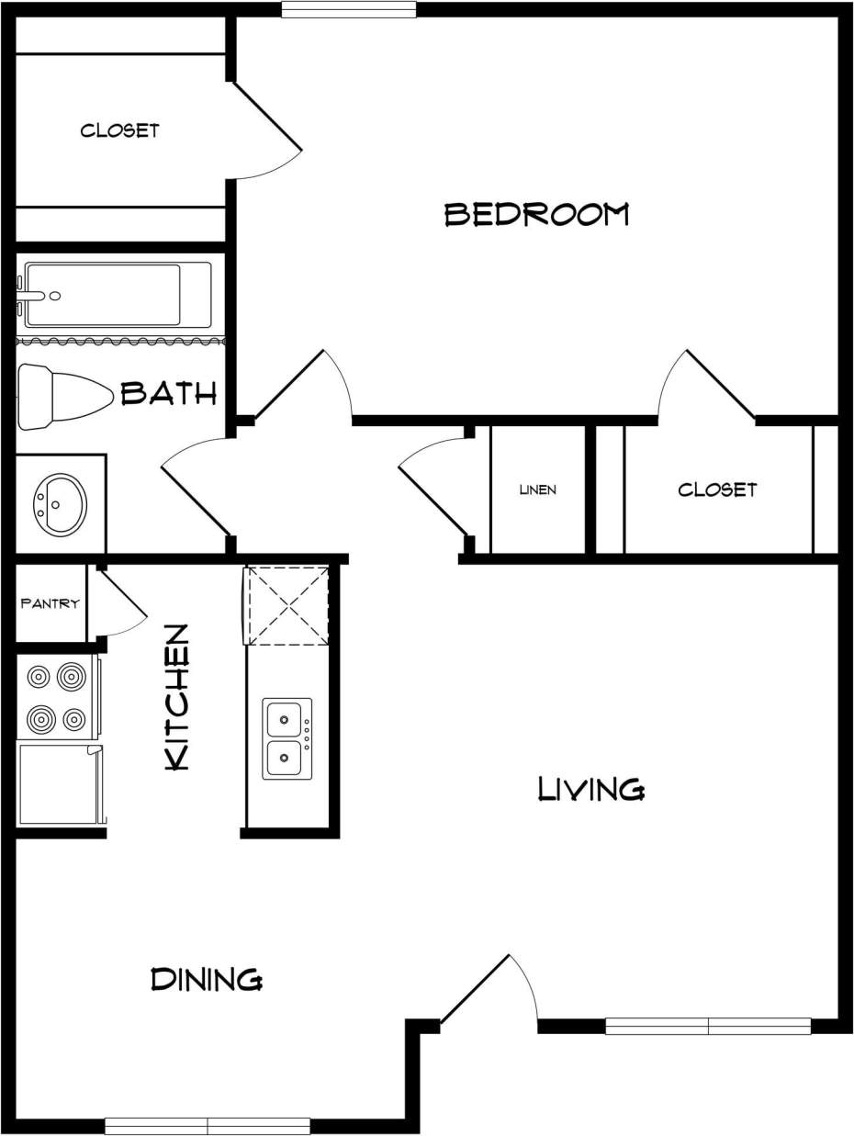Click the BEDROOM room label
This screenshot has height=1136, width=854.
[537, 215]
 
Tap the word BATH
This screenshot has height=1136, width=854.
[169, 394]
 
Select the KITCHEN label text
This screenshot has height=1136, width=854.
[176, 697]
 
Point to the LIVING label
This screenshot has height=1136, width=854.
[591, 789]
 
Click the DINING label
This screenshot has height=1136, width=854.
[207, 980]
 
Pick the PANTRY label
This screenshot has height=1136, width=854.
[51, 604]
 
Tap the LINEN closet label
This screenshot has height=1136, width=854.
[537, 490]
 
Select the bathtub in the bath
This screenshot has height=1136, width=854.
[116, 295]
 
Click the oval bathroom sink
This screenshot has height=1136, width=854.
[60, 502]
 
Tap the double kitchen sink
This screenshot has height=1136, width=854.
[287, 738]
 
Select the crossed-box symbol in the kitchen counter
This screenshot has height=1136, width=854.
[287, 606]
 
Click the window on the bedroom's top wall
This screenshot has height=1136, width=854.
[348, 10]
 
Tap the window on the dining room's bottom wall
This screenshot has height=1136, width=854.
[207, 1126]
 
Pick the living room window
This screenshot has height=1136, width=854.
[707, 1026]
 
